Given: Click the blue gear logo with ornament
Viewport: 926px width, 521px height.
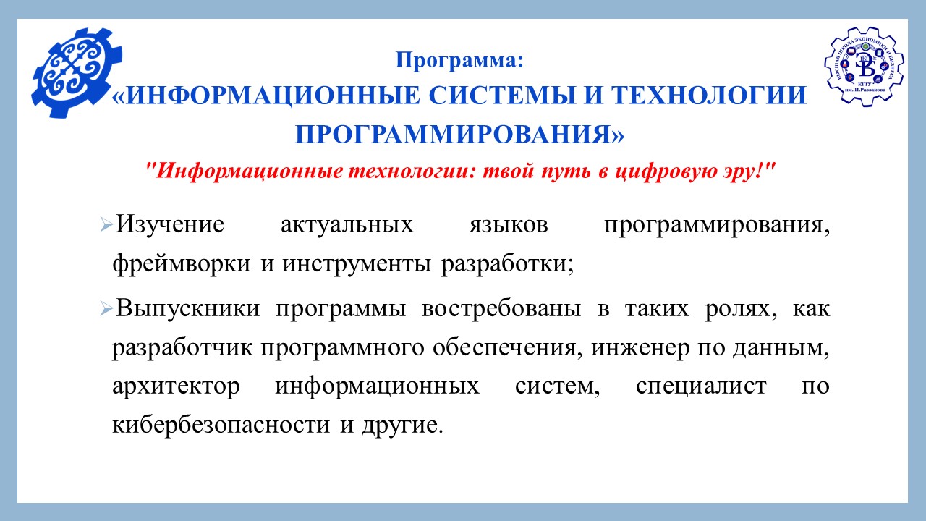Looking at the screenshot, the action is (77, 72).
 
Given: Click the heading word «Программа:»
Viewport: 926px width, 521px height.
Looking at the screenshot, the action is (459, 60).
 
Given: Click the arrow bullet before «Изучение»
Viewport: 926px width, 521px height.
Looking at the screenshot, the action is (106, 225).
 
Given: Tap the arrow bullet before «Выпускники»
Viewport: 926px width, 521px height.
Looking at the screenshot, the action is (106, 309).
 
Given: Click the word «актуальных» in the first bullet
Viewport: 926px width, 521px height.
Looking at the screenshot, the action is (347, 225).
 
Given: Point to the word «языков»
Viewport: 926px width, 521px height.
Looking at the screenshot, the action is (509, 225).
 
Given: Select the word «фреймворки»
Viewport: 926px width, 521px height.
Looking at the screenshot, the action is (181, 263).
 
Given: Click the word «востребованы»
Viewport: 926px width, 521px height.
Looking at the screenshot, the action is (501, 309).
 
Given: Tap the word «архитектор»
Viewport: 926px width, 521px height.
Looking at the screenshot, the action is (176, 386).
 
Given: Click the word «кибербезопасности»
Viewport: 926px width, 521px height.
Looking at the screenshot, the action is (221, 425).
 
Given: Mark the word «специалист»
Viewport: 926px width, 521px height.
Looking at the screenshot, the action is (701, 386).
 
